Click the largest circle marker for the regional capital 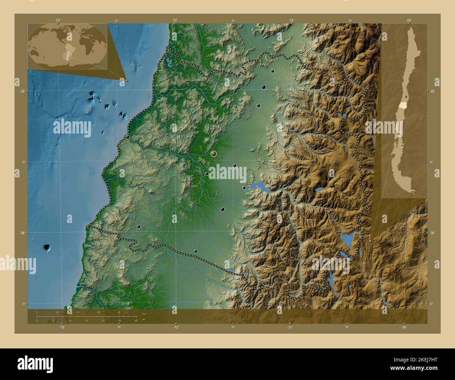[213, 154]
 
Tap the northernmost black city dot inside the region [272, 71]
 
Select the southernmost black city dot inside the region [196, 251]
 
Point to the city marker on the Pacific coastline [128, 137]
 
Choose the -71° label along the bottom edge [289, 327]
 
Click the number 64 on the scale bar [119, 312]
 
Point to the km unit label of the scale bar [144, 314]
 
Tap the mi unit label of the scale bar [144, 320]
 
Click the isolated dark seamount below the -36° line [47, 248]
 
